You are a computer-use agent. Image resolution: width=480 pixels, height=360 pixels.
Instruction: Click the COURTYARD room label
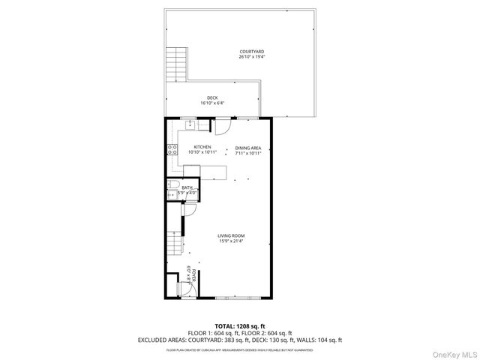click(x=251, y=52)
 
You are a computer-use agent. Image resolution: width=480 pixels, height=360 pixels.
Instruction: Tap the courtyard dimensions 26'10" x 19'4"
click(x=251, y=57)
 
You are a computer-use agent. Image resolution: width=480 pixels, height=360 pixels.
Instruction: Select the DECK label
click(x=213, y=97)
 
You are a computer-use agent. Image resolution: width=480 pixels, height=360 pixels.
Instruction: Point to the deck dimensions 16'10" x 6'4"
click(x=213, y=103)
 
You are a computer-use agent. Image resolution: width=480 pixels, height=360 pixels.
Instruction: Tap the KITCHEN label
click(x=202, y=146)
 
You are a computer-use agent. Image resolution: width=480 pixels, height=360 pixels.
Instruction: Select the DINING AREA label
click(x=248, y=147)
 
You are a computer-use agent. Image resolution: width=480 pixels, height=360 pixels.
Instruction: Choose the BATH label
click(x=186, y=187)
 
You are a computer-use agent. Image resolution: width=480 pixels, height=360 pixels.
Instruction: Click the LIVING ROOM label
click(x=231, y=235)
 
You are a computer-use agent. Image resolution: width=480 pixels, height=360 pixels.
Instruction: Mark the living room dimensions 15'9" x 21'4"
click(x=231, y=241)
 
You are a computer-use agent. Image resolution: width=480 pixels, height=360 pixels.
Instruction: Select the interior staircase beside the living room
click(x=175, y=241)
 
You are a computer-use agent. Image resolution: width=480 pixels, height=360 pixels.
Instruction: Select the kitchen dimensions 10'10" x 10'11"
click(x=202, y=151)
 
